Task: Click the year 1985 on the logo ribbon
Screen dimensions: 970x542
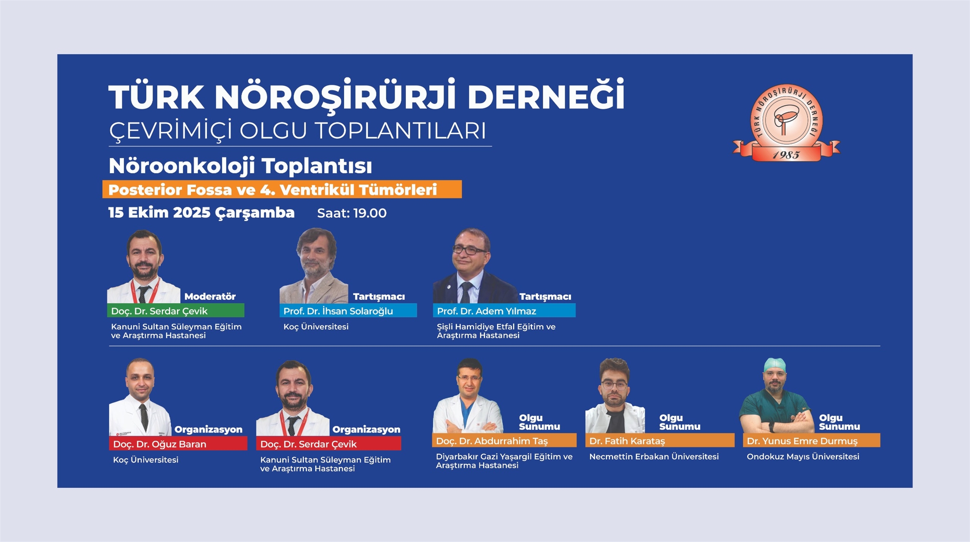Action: [786, 155]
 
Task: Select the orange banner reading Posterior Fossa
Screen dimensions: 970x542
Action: [282, 189]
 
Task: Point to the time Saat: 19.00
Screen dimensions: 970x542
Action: [352, 213]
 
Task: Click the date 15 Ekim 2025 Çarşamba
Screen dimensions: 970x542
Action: [201, 213]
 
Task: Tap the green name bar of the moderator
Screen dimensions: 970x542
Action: [175, 311]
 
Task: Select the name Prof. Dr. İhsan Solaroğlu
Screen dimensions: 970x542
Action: [338, 311]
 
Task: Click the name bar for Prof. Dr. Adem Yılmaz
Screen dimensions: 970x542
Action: [504, 311]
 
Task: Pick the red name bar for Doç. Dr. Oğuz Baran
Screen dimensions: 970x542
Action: [178, 443]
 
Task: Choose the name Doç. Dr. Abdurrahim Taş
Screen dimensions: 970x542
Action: [492, 441]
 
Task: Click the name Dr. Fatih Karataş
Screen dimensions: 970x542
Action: [627, 441]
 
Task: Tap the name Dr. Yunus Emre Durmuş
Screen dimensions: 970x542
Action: [802, 441]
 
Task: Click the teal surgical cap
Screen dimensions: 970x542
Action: [774, 365]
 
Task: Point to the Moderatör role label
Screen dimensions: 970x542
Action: [210, 296]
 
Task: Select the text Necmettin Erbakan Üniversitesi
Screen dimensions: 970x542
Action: [654, 457]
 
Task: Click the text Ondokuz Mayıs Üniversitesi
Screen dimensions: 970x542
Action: [803, 457]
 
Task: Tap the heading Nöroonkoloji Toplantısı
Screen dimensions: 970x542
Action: [240, 166]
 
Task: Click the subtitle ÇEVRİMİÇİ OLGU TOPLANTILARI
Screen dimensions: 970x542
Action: [297, 130]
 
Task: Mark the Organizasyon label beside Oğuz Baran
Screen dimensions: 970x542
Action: [208, 429]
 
